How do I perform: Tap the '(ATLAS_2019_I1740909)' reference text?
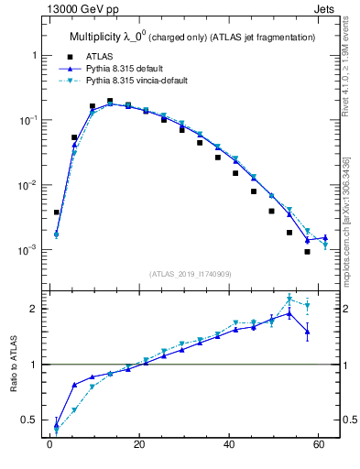point(191,273)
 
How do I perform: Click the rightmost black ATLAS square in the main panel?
point(308,252)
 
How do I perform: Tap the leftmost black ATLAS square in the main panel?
point(57,213)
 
